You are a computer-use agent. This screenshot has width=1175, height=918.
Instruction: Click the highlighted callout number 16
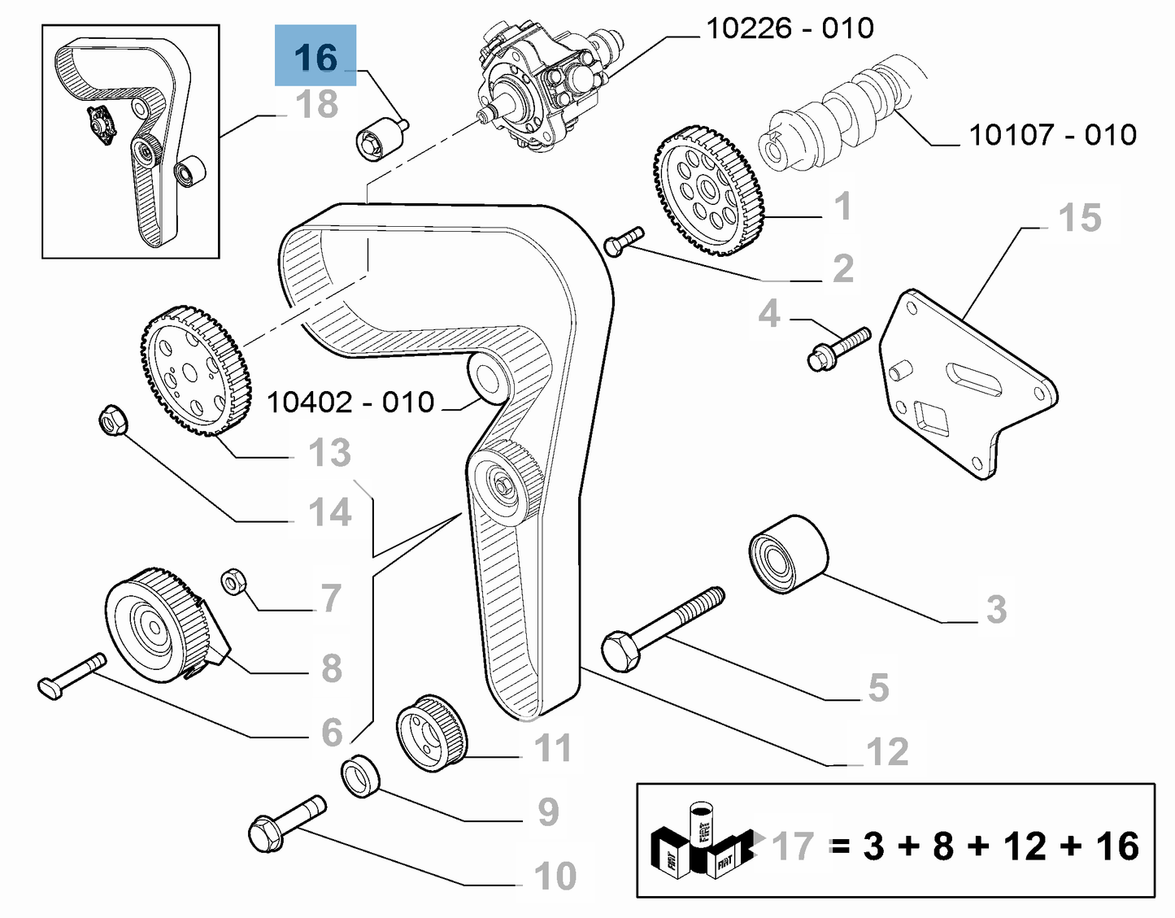316,57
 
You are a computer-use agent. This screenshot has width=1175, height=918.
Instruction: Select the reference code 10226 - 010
789,28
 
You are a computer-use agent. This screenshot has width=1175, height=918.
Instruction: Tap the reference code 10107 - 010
1051,135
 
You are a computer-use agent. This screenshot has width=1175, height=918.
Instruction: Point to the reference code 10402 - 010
350,402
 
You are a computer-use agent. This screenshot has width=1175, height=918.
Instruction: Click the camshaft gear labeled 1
707,191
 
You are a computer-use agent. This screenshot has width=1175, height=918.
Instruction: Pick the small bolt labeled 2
624,241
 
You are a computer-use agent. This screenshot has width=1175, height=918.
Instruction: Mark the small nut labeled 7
233,582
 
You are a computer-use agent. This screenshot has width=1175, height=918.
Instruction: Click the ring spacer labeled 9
360,776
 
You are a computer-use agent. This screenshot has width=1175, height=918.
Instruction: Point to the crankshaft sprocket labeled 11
432,730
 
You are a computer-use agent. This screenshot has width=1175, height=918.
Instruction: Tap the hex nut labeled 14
111,419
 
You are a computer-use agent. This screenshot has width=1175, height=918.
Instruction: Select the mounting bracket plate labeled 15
968,382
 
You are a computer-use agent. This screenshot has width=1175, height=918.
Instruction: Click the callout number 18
316,105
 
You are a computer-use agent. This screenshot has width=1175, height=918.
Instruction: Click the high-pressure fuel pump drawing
545,89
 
